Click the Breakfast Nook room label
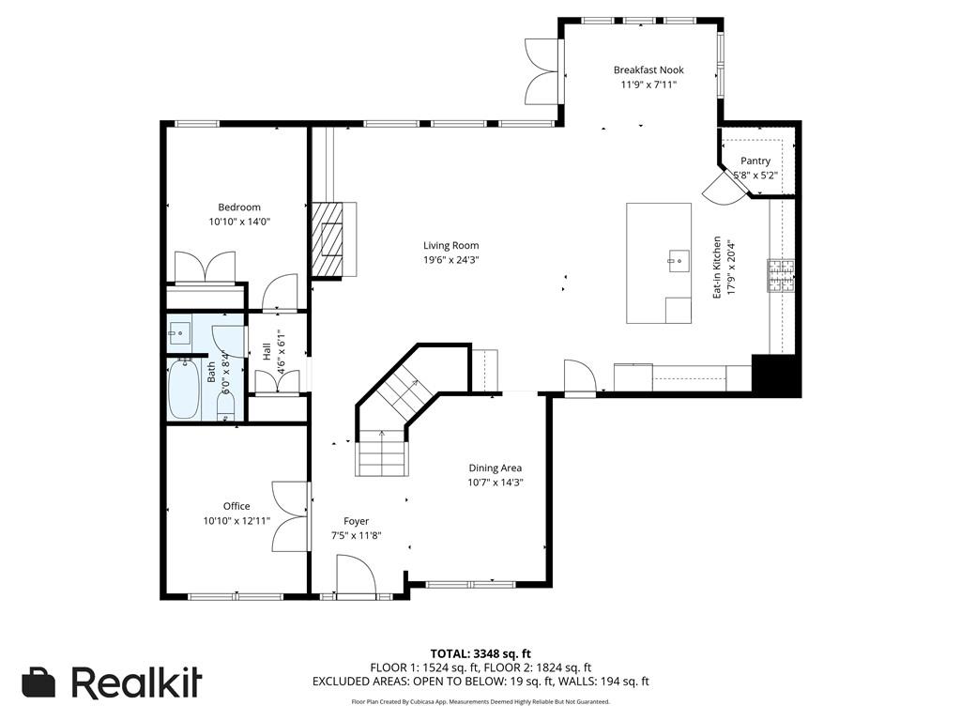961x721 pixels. [648, 69]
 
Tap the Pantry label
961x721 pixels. [755, 161]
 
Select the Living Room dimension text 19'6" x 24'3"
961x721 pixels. [451, 260]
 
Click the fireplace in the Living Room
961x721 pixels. [333, 239]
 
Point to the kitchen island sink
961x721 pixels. [679, 262]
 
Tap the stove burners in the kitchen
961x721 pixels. [781, 275]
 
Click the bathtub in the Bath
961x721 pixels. [184, 390]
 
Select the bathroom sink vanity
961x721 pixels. [179, 333]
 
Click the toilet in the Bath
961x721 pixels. [225, 407]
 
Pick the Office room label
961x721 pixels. [236, 506]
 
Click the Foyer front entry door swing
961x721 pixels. [356, 575]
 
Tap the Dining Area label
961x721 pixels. [496, 468]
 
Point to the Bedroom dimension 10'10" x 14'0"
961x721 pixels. [239, 222]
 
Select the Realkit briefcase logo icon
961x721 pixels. [38, 683]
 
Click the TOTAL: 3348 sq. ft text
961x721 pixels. [480, 653]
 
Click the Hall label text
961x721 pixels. [267, 351]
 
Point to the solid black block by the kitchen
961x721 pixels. [776, 376]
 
